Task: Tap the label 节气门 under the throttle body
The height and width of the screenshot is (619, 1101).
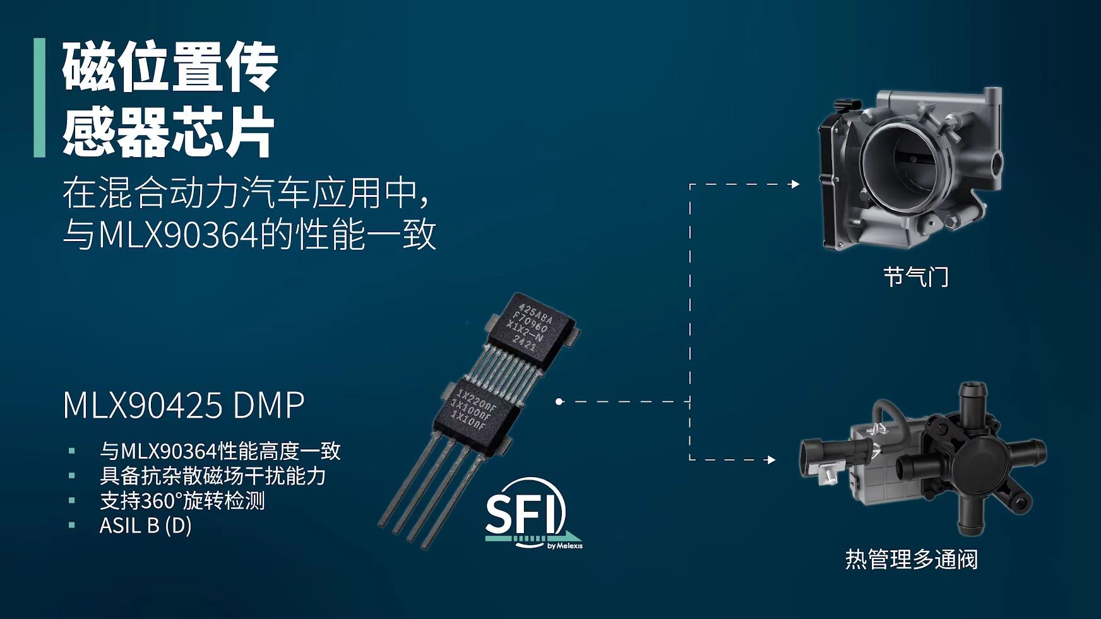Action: [x=915, y=276]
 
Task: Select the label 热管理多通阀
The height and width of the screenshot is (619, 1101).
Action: [x=911, y=559]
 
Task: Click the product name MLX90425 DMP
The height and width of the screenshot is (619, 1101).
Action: [x=184, y=405]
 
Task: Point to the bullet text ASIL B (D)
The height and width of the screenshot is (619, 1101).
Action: [x=145, y=525]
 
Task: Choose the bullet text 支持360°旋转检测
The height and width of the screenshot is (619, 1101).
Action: [x=182, y=500]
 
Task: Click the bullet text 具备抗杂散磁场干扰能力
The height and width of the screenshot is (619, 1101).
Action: [x=212, y=475]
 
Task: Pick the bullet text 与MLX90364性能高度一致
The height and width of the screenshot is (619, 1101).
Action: [x=220, y=451]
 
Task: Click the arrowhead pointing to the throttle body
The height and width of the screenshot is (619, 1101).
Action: [x=795, y=184]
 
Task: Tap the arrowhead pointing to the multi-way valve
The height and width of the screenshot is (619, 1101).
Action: [x=771, y=459]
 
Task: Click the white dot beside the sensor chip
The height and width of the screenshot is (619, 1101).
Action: [x=559, y=401]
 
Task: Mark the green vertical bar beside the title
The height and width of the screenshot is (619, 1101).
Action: [x=40, y=98]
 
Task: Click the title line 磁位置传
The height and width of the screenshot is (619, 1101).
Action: [x=170, y=67]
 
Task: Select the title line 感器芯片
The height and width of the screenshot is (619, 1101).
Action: [x=168, y=131]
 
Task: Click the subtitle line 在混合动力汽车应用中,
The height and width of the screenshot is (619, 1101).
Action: [x=246, y=192]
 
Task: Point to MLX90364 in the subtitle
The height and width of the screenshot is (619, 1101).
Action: [x=179, y=235]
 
